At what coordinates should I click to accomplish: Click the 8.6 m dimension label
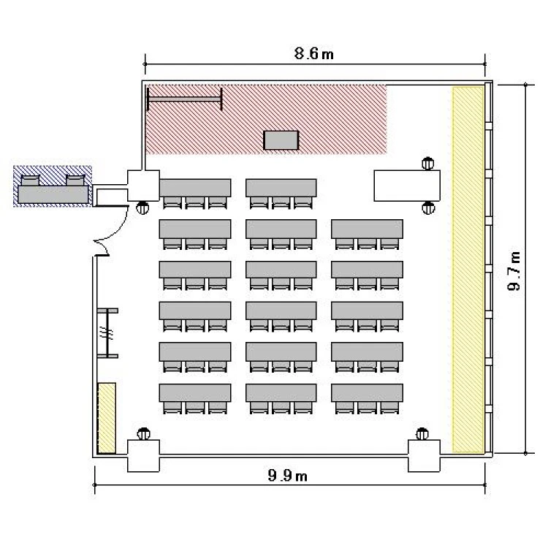314,54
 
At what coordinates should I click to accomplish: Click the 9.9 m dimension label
287,476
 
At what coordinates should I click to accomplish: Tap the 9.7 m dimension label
514,270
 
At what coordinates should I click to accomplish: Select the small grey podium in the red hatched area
281,140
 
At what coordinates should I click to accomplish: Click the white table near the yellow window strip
407,186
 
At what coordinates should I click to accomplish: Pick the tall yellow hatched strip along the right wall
468,270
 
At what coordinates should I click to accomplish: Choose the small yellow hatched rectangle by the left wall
107,418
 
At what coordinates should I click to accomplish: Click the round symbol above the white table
427,164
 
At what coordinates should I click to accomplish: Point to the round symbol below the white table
428,208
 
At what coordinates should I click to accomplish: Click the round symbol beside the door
142,208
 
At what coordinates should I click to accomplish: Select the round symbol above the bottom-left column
143,434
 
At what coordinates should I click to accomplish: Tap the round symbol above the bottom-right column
422,434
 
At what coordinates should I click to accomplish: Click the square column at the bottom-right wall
425,456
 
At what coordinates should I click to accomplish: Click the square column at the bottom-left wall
143,456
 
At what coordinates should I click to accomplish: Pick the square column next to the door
143,186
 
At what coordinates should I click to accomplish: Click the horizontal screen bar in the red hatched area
185,99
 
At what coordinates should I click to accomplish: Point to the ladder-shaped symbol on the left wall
107,333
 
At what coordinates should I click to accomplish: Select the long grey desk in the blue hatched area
53,194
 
